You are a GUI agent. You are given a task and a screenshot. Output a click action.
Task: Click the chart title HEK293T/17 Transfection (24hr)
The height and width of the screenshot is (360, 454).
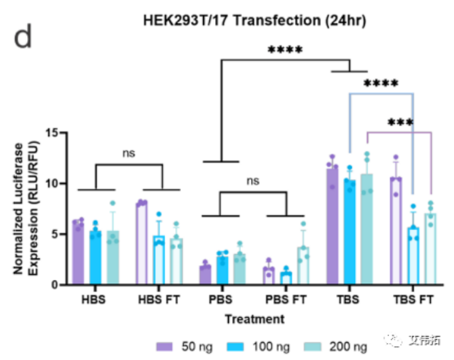click(253, 20)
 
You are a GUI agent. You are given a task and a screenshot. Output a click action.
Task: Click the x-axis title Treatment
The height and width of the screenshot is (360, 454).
click(254, 319)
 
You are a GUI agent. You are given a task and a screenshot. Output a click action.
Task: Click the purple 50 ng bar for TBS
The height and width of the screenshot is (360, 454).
click(332, 227)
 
